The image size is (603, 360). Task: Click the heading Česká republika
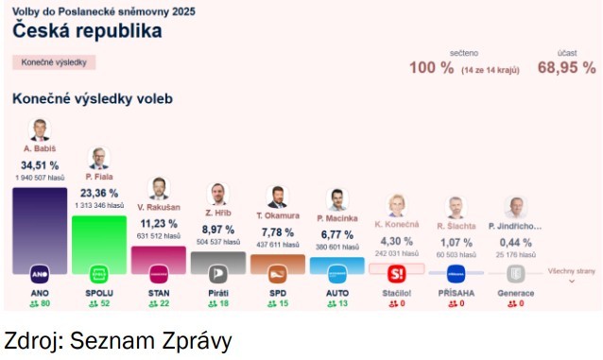87,30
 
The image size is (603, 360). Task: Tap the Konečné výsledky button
54,62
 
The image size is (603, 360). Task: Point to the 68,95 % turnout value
566,68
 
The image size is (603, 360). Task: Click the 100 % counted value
431,68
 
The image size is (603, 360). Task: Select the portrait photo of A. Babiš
40,130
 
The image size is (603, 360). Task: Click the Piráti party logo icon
217,274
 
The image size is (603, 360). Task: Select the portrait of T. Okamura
277,197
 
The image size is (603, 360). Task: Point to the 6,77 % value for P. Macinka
336,234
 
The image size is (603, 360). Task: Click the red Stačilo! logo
396,274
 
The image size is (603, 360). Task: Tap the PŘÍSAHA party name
456,293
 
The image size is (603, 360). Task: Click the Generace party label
515,293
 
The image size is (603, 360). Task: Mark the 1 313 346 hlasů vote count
98,205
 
